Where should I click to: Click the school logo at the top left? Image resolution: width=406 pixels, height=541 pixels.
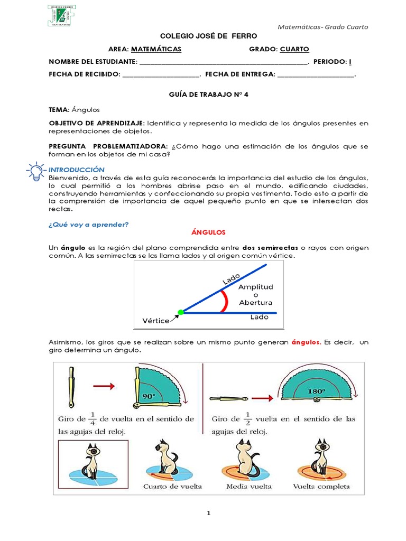[57, 16]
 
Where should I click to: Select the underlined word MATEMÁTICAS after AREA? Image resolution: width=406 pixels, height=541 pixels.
[156, 49]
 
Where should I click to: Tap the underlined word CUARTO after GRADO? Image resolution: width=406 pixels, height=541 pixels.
[294, 49]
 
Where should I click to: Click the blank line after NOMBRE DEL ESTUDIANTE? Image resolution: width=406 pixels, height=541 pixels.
[223, 62]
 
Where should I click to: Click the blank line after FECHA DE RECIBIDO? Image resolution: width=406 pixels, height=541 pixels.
[161, 75]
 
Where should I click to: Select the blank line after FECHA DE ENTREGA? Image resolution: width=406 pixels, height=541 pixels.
[315, 75]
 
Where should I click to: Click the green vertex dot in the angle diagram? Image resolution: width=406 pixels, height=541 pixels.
[180, 312]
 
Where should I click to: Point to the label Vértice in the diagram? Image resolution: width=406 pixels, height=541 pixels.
[156, 321]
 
